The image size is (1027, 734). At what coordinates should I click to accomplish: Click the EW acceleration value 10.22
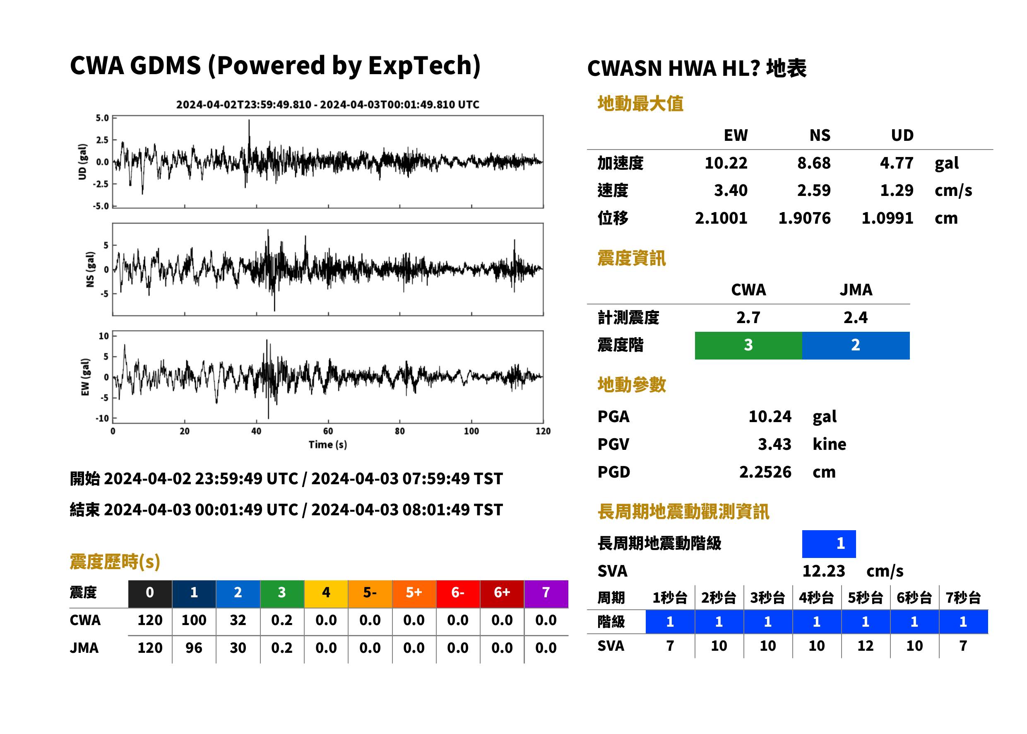(726, 163)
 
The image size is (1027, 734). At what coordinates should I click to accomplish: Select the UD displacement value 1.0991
(887, 218)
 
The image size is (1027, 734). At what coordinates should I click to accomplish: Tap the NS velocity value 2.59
(813, 191)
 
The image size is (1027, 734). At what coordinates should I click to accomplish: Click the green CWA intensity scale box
(748, 345)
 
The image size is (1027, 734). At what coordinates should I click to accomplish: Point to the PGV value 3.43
(774, 444)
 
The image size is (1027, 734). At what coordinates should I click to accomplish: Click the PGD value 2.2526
(765, 472)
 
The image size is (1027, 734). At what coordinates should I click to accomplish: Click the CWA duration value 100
(194, 621)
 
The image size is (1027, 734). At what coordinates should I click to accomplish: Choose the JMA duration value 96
(194, 648)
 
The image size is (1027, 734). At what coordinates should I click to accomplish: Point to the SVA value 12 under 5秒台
(865, 646)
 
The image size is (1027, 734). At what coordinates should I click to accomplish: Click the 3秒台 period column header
(768, 598)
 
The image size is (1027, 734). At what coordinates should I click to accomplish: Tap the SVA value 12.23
(823, 571)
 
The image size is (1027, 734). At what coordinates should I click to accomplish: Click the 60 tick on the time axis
(328, 431)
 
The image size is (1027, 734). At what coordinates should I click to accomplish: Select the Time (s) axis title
(328, 445)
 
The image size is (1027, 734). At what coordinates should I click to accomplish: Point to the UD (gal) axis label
(82, 162)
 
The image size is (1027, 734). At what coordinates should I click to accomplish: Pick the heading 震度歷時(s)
(115, 562)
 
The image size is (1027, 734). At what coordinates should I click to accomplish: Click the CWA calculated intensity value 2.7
(748, 318)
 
